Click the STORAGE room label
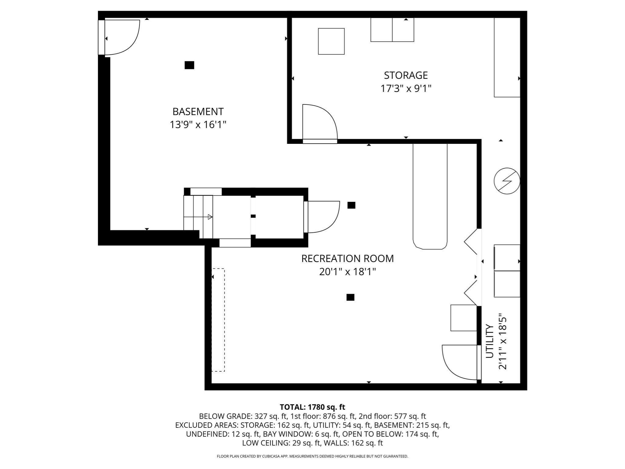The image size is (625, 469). coord(406,75)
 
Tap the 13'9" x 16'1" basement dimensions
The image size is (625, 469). coord(198,125)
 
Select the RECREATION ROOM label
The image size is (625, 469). coord(347,258)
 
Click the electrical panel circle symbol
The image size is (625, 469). coord(507,181)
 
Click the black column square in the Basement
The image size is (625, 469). coord(189,65)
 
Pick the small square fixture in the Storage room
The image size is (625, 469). coord(331,42)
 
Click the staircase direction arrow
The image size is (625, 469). coord(210,217)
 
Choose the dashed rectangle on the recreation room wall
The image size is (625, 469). coord(218,320)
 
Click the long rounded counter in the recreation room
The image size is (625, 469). coord(430,195)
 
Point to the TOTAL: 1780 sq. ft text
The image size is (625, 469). coord(312,407)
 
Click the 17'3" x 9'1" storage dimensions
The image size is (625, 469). coord(406,89)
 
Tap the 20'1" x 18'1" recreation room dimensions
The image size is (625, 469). coord(347,272)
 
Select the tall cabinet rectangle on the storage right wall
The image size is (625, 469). coord(507,57)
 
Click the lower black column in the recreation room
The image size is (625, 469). coord(350,297)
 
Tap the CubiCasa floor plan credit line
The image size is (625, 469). coord(312,456)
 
